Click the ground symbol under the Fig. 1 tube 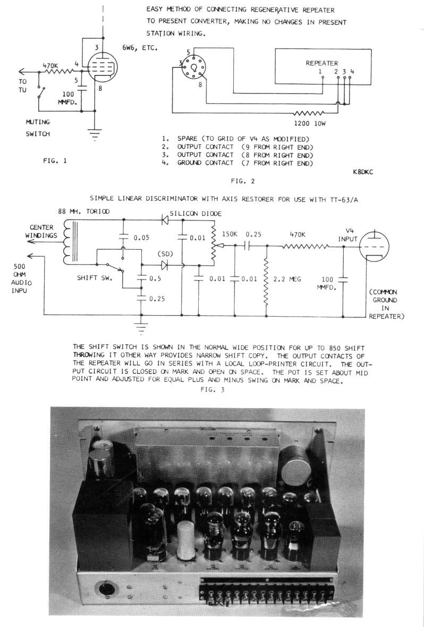tap(95, 136)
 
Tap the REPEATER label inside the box tap(321, 63)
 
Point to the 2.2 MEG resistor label tap(286, 277)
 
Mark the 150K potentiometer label tap(230, 234)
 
